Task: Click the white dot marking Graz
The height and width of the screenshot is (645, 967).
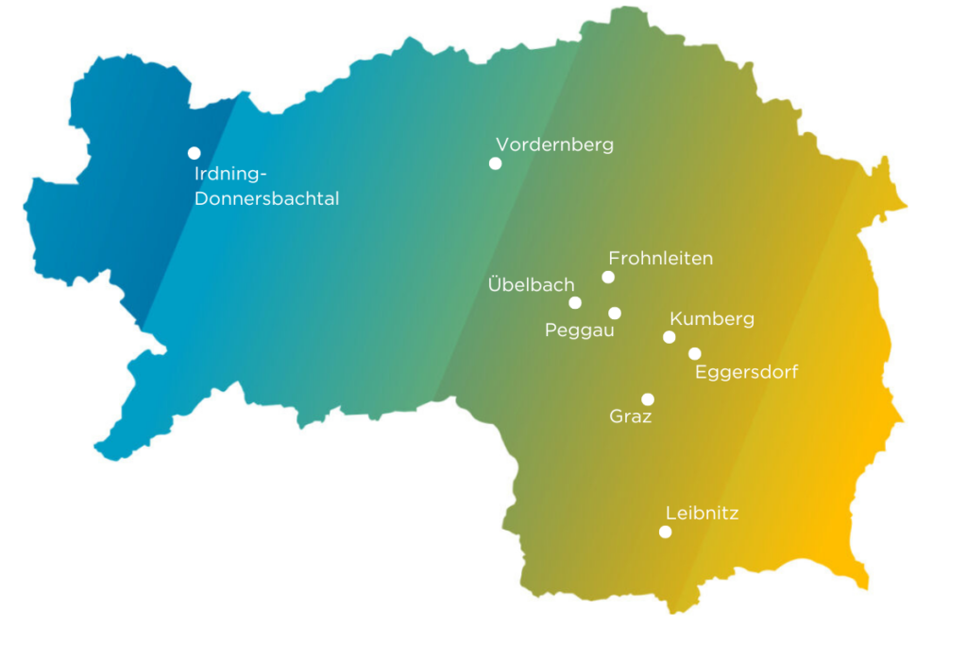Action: (x=648, y=399)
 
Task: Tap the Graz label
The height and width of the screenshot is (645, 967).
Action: (x=631, y=416)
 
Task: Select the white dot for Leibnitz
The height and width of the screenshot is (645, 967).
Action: (x=665, y=532)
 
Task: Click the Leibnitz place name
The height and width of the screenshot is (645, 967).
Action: (x=702, y=514)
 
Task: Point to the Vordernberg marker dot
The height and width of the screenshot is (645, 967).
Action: (x=495, y=163)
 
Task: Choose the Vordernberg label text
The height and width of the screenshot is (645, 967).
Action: (x=554, y=144)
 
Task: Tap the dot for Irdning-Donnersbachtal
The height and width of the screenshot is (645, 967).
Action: (x=194, y=153)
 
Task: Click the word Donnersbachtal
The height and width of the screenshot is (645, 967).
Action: (x=266, y=199)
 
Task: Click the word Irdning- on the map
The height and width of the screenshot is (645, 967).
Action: (x=231, y=174)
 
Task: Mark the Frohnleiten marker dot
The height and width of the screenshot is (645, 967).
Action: (x=608, y=277)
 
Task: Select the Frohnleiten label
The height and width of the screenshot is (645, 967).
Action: (x=660, y=258)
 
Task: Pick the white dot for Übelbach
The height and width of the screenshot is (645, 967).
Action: (x=575, y=303)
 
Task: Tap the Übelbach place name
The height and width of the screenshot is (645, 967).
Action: (x=531, y=284)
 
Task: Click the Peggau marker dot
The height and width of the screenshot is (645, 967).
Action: (x=615, y=314)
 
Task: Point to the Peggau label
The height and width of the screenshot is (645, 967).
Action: (x=580, y=331)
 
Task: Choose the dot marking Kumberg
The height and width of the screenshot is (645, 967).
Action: (x=670, y=337)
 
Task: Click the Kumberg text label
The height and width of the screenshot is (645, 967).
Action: (x=712, y=319)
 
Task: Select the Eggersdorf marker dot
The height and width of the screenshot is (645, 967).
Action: (x=695, y=354)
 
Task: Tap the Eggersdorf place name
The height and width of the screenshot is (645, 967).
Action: (x=746, y=372)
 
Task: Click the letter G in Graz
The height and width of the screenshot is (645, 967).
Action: (x=617, y=416)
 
